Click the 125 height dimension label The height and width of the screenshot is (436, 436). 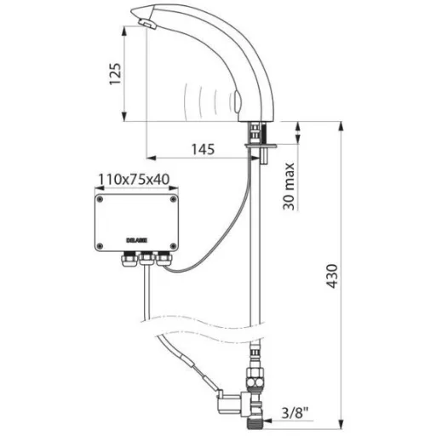(x=116, y=74)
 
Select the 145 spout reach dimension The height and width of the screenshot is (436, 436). (x=203, y=149)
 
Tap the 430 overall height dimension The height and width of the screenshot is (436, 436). (x=331, y=276)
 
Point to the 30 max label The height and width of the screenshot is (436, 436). (x=289, y=186)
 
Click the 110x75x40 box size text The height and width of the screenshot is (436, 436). (x=134, y=180)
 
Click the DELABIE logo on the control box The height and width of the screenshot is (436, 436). (x=136, y=240)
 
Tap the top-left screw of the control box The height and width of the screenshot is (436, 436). (x=100, y=199)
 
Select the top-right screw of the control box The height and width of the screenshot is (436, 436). (x=173, y=199)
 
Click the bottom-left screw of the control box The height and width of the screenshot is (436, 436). (x=100, y=246)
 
